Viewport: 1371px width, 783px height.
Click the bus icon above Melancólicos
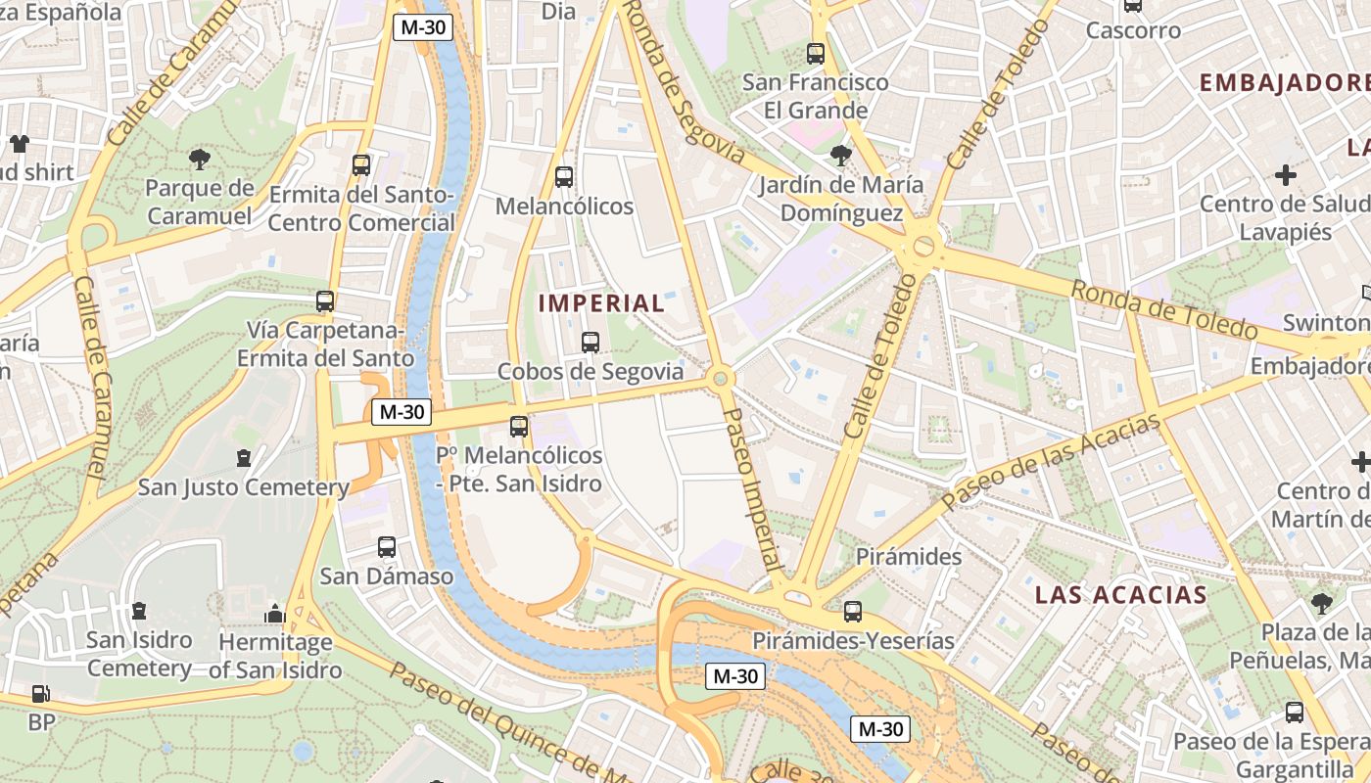click(564, 177)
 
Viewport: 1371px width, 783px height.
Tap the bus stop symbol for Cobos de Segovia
click(590, 343)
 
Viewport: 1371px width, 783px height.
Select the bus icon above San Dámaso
click(387, 547)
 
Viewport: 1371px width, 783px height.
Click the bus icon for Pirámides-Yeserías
click(853, 612)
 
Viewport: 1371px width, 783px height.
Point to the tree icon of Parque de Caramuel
click(200, 159)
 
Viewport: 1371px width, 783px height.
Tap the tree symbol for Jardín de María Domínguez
click(840, 155)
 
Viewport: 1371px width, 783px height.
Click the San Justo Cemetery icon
click(244, 457)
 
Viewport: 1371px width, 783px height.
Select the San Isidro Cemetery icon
click(139, 611)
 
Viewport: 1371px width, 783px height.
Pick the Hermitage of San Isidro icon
click(275, 614)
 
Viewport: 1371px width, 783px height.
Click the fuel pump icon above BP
click(40, 694)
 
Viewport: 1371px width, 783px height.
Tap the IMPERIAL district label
click(601, 303)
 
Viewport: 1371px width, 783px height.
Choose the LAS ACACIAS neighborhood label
click(1121, 595)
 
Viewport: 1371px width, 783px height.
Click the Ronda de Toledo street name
click(1163, 311)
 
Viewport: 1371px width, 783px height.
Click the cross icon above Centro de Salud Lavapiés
click(1286, 175)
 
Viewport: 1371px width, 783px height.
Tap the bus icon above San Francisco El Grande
click(816, 54)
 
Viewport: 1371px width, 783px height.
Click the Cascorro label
click(1133, 30)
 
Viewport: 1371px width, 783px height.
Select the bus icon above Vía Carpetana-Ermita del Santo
click(325, 301)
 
